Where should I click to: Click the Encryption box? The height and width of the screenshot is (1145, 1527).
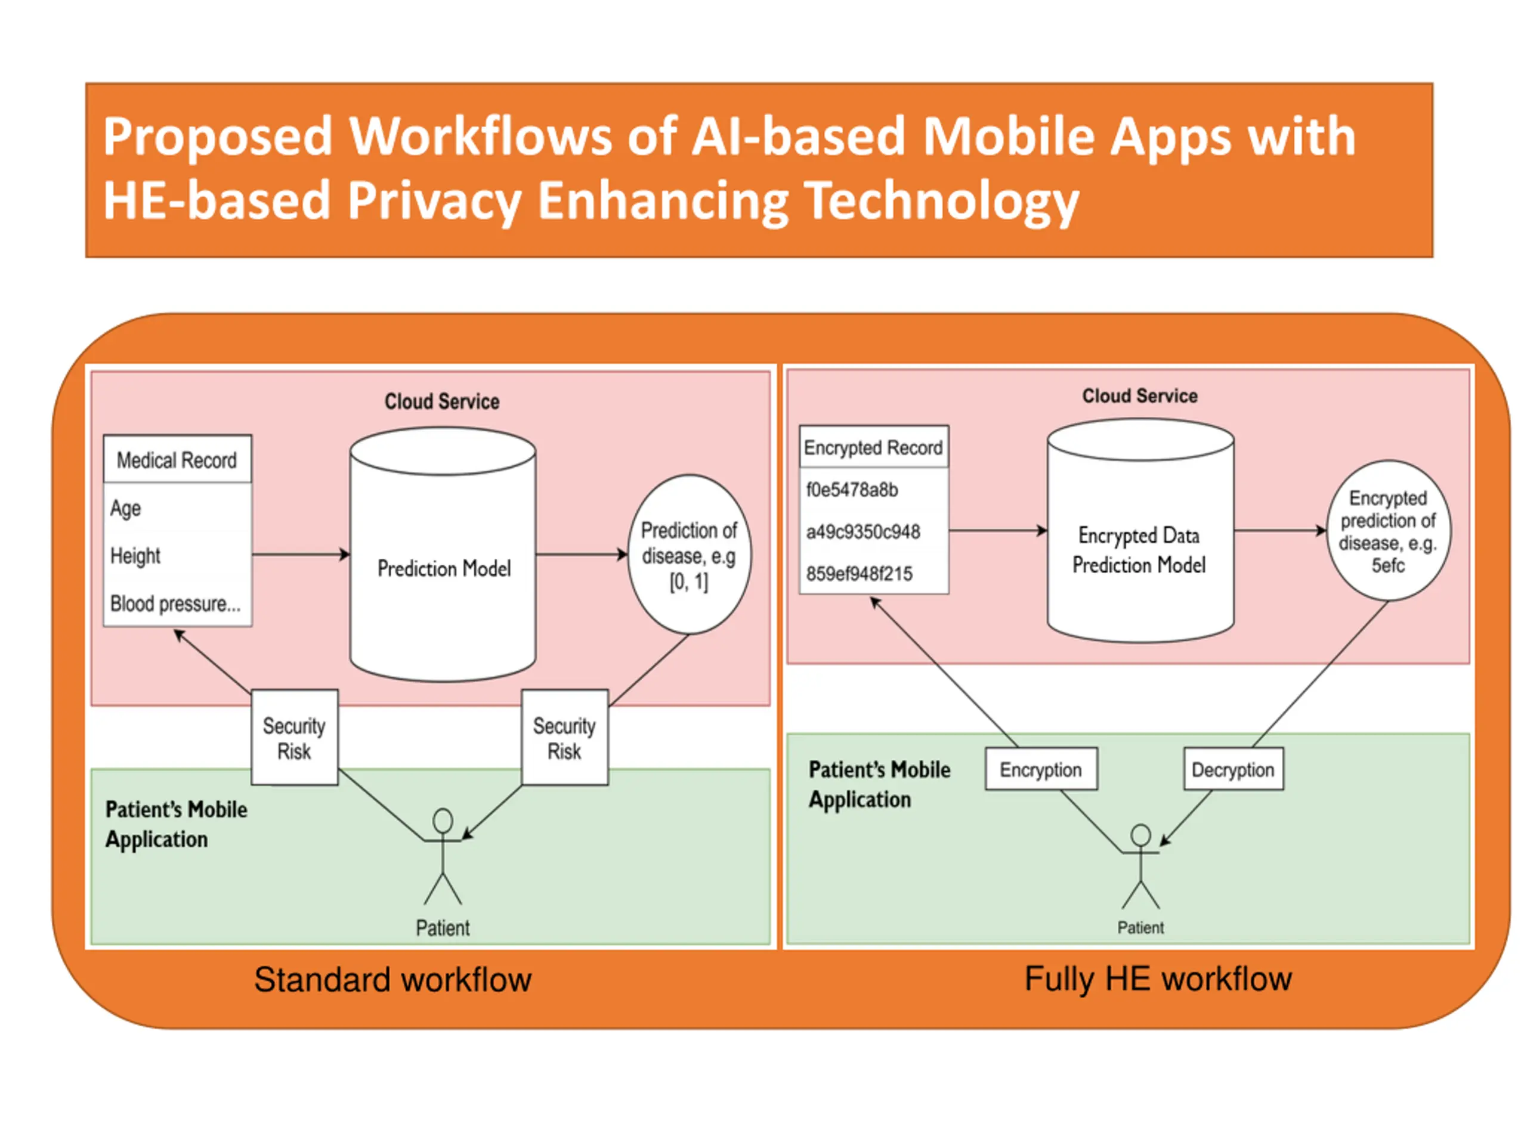tap(1041, 769)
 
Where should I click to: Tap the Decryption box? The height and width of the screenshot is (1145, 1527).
tap(1233, 769)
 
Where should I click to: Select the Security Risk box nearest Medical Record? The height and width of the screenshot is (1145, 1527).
tap(295, 737)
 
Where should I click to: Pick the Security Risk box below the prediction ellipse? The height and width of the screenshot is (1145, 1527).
tap(565, 737)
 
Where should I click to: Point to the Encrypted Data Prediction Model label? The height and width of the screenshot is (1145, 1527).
tap(1139, 550)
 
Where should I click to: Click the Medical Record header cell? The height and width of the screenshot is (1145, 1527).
tap(177, 459)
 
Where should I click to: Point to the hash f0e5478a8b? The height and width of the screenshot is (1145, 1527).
tap(852, 490)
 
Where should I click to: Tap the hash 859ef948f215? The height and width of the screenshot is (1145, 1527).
tap(860, 574)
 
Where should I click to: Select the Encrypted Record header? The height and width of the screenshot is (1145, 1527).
tap(874, 447)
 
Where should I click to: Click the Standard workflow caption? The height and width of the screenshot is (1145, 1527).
tap(393, 979)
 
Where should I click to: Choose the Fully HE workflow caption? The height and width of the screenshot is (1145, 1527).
tap(1158, 979)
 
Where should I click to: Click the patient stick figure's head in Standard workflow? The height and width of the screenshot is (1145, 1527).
tap(443, 821)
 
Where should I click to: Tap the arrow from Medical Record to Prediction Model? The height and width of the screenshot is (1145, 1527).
tap(301, 554)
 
